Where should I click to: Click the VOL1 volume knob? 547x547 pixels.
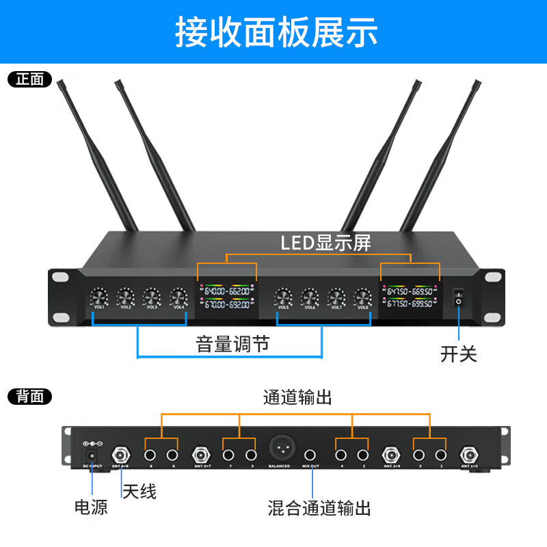pos(99,297)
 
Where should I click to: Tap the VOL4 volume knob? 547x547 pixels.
pos(178,297)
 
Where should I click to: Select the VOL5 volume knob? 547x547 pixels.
pos(284,297)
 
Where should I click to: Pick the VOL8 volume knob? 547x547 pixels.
pos(362,297)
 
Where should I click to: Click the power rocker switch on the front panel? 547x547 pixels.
pos(458,296)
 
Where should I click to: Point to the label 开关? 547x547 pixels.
pos(458,354)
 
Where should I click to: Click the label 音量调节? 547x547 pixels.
pos(232,344)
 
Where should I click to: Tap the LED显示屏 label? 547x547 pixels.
pos(326,243)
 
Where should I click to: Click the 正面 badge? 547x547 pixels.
pos(29,79)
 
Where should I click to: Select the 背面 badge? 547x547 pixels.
pos(29,396)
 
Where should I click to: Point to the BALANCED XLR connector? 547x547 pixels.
pos(279,449)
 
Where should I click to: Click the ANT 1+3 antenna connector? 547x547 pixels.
pos(470,454)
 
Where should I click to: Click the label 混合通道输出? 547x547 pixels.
pos(319,508)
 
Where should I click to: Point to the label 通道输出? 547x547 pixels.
pos(297,397)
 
